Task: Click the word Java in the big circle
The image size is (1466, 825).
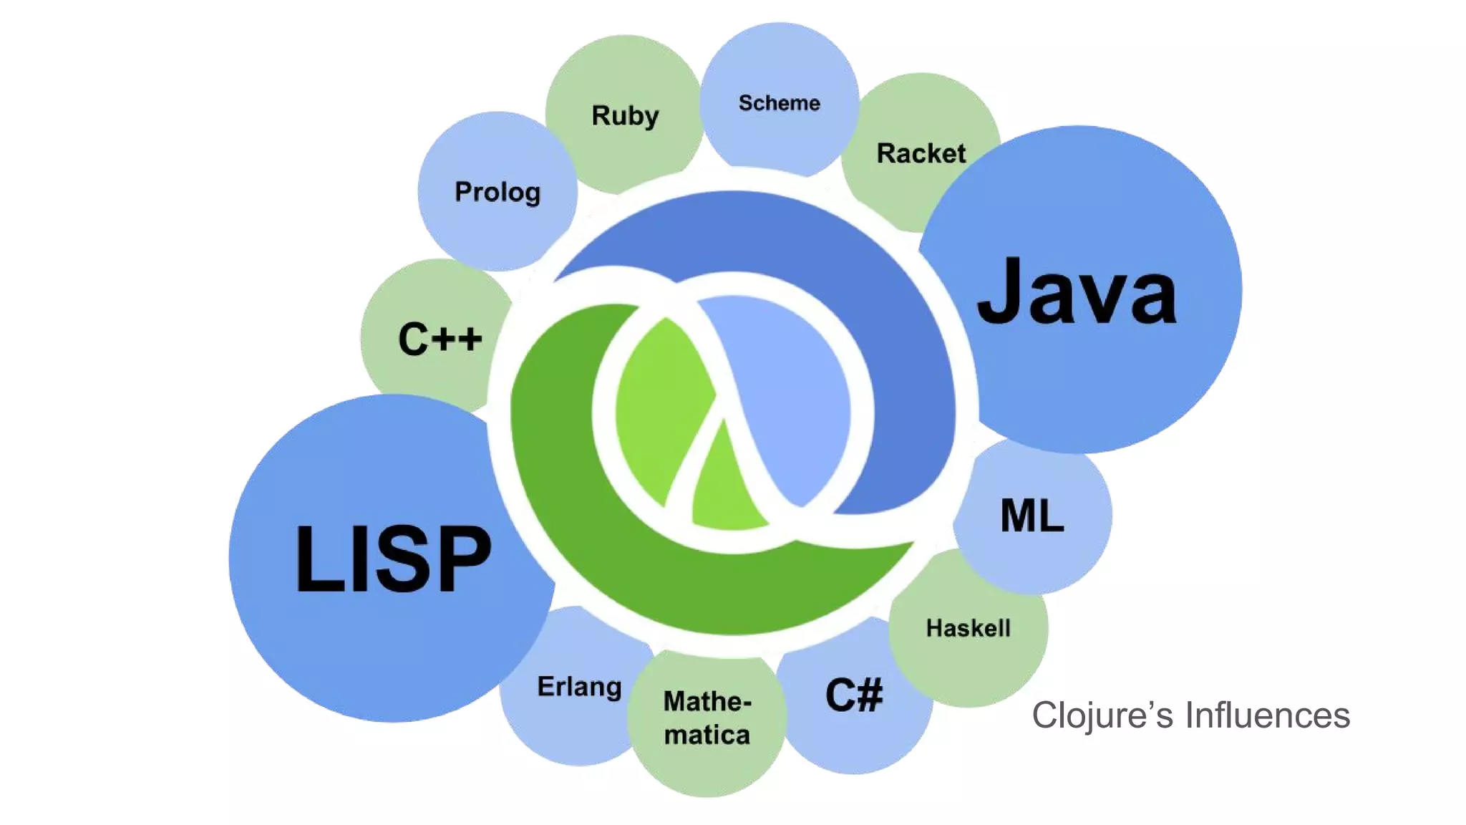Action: [1077, 292]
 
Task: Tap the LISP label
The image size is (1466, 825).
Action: [393, 559]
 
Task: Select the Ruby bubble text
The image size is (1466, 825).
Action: [625, 116]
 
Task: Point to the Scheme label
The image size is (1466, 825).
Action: [779, 103]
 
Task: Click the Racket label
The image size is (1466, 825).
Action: [921, 153]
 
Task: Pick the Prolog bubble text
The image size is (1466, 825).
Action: [497, 192]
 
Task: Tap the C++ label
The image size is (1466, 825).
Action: [440, 339]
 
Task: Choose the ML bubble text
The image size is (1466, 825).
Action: [1031, 516]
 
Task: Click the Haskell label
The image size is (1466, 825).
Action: [968, 628]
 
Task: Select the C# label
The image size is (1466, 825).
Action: [854, 695]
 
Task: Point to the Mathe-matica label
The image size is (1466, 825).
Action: [707, 718]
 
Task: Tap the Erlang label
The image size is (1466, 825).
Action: [579, 687]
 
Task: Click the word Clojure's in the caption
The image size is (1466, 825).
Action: [1102, 715]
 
